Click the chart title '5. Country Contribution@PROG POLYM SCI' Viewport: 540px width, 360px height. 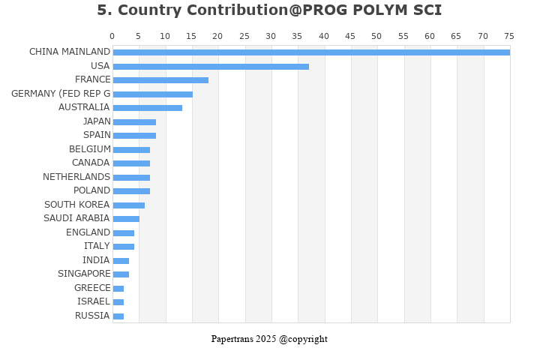[x=269, y=10]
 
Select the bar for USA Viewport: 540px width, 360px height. [x=211, y=67]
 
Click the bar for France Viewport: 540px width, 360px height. [x=160, y=80]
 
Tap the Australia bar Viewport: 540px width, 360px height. [x=147, y=108]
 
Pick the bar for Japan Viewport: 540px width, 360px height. [x=134, y=122]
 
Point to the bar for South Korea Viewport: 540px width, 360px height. [x=128, y=205]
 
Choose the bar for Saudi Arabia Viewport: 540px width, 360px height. [x=126, y=219]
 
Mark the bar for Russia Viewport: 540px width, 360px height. [x=118, y=316]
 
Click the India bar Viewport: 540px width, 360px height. [x=121, y=261]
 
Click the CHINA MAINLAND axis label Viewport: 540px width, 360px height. [x=70, y=52]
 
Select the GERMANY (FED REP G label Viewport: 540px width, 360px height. [x=61, y=94]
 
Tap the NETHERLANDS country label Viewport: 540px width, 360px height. [x=76, y=177]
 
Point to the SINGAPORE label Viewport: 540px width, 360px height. [x=84, y=274]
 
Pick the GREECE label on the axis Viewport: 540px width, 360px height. [x=92, y=288]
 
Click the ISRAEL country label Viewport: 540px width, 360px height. [x=94, y=301]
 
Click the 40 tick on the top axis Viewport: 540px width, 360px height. [x=323, y=36]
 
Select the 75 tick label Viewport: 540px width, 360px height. [x=509, y=36]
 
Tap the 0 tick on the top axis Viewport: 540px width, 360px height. [x=112, y=36]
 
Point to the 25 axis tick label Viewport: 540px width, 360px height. [x=244, y=36]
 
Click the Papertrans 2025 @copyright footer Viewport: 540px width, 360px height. [x=269, y=339]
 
